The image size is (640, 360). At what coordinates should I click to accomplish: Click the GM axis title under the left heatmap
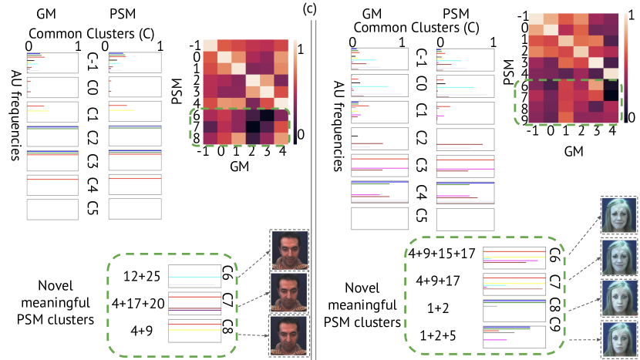click(x=245, y=164)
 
